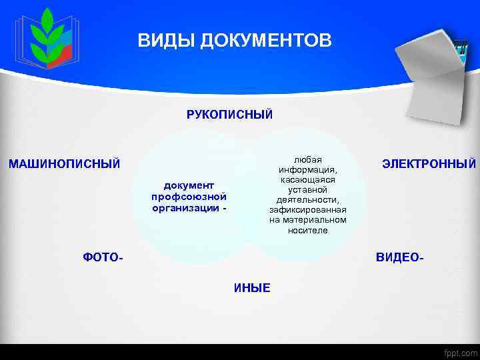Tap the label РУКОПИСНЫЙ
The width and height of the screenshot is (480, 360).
coord(229,115)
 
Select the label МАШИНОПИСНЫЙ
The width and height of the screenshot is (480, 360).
coord(64,163)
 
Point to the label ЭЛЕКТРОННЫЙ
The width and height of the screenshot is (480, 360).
coord(429,163)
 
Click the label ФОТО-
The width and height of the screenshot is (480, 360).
coord(103,257)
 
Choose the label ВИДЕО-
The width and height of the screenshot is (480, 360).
coord(400,257)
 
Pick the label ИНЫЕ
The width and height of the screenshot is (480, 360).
coord(252,288)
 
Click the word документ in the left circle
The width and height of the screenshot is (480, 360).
coord(189,185)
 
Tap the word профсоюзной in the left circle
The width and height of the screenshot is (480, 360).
coord(189,196)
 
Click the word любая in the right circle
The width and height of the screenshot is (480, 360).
coord(308,159)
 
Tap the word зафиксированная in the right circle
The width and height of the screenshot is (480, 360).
coord(308,209)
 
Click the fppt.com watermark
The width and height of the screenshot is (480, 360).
coord(459,352)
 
